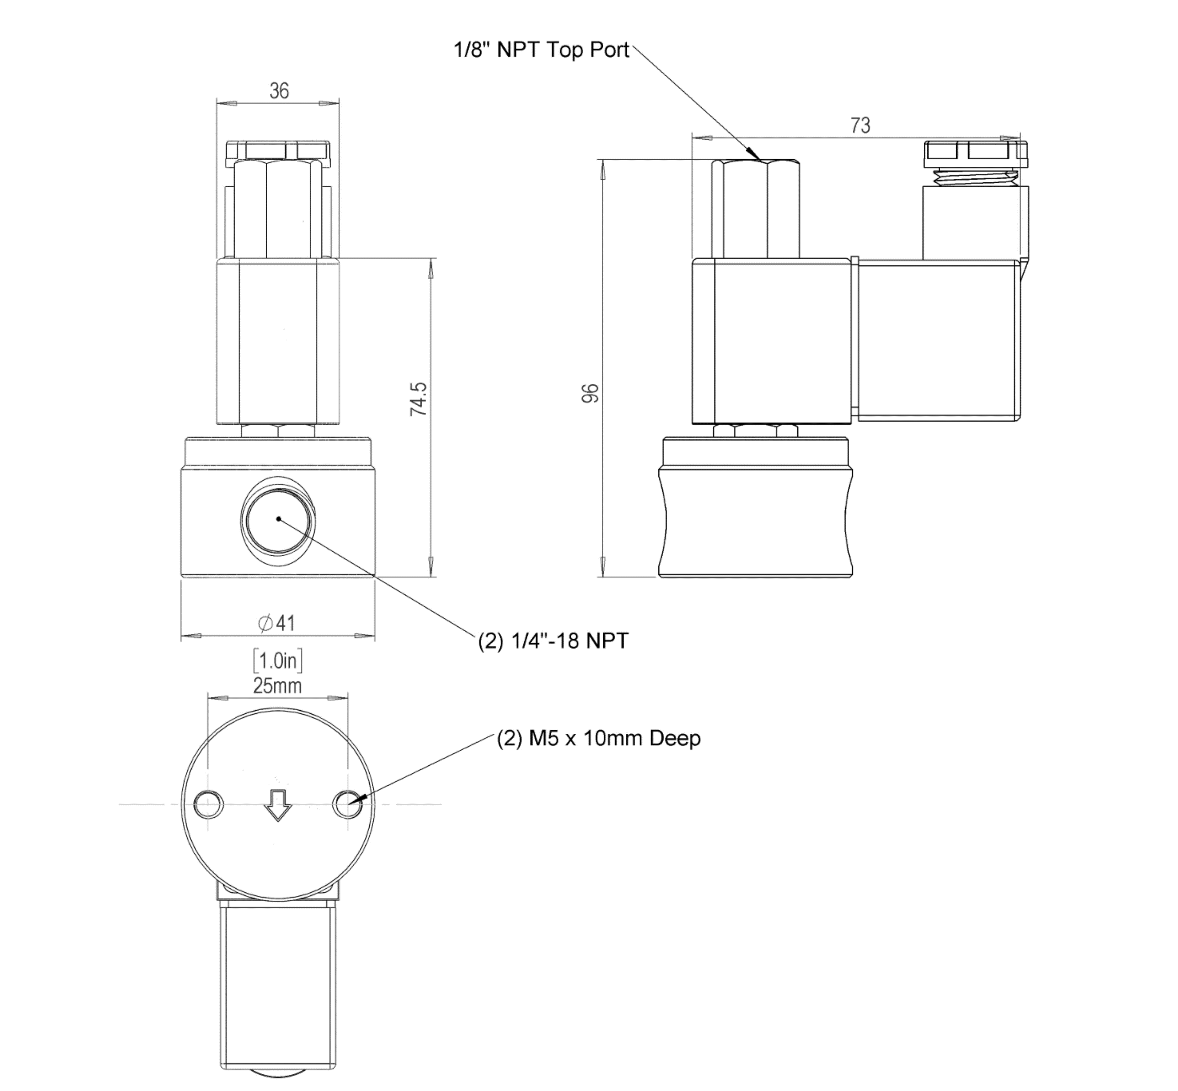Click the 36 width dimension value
click(279, 91)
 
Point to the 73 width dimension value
click(860, 125)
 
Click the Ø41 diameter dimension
click(277, 623)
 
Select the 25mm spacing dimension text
click(277, 686)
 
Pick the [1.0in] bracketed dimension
click(277, 661)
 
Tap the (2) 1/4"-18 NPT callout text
click(553, 641)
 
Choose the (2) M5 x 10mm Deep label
click(599, 738)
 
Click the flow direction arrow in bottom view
click(277, 804)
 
